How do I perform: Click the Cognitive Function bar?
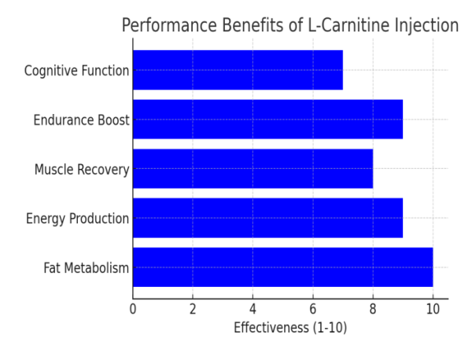[x=238, y=70]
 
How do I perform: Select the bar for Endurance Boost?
[x=267, y=119]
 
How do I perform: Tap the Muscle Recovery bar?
[x=253, y=169]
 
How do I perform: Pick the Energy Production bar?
[x=267, y=218]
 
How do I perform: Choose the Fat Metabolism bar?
[x=282, y=267]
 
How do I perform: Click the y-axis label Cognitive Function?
[x=76, y=71]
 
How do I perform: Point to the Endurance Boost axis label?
[x=81, y=120]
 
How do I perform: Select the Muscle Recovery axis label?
[x=81, y=170]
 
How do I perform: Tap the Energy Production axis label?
[x=77, y=219]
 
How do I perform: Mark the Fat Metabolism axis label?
[x=86, y=268]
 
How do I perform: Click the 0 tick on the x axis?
[x=133, y=309]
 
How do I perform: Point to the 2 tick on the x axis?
[x=193, y=309]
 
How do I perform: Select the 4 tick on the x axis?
[x=253, y=309]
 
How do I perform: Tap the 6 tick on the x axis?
[x=313, y=309]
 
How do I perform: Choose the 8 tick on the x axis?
[x=373, y=309]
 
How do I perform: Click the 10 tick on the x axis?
[x=433, y=309]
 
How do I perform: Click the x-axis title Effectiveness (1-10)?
[x=290, y=328]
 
